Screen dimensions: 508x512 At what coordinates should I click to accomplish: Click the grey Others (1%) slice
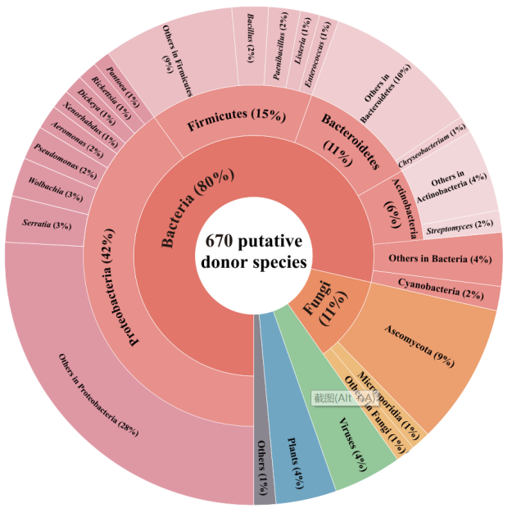coord(265,475)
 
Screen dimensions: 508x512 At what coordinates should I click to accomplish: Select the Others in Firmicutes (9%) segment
coord(176,70)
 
